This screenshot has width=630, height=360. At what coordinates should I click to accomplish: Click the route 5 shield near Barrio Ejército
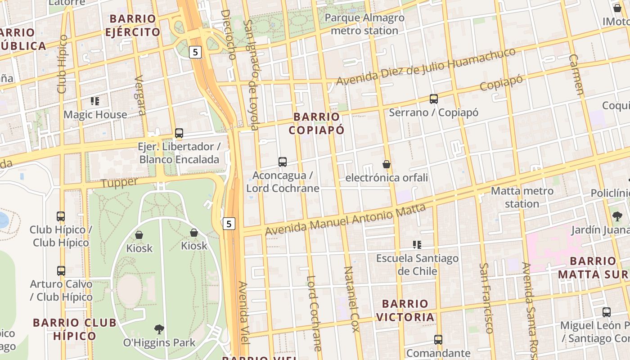(195, 52)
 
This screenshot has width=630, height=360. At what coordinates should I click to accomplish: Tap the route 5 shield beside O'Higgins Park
(229, 223)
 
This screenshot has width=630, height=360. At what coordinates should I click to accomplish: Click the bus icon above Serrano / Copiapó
(434, 99)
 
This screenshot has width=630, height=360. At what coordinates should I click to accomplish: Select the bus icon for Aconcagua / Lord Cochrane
(283, 162)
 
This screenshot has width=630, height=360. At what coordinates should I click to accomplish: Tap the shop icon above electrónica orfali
(386, 164)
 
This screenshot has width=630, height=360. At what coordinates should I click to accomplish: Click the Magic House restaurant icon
(94, 101)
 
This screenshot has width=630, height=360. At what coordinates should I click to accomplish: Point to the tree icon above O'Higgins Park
(159, 329)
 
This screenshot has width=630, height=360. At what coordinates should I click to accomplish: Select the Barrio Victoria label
(405, 310)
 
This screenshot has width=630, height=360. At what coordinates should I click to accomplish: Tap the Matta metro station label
(522, 197)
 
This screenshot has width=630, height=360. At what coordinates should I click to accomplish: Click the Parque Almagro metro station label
(364, 24)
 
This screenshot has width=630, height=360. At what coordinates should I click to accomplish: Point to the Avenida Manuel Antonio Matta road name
(345, 219)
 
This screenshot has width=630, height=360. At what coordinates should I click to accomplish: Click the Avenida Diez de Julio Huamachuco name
(425, 66)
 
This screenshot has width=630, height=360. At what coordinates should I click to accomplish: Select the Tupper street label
(119, 183)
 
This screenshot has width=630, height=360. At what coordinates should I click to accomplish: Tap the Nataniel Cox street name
(351, 299)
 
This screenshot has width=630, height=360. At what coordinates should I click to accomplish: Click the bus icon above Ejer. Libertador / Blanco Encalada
(179, 133)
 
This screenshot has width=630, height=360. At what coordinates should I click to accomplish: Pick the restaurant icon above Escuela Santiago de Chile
(417, 245)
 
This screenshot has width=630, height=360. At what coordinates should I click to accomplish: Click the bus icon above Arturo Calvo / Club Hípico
(61, 271)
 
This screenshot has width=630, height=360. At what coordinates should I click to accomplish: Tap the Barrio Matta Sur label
(593, 267)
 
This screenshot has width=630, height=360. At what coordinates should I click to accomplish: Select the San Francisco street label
(486, 298)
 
